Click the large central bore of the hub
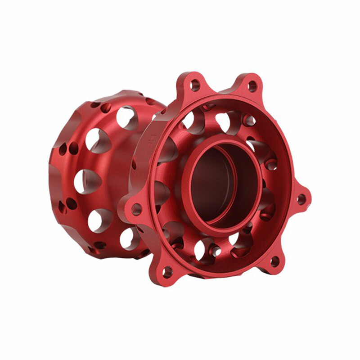click(216, 184)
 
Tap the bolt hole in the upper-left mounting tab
click(195, 85)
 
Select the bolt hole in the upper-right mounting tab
click(252, 85)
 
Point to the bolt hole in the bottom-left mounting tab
click(167, 271)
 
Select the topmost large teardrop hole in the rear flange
click(127, 117)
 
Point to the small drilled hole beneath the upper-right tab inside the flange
click(248, 120)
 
